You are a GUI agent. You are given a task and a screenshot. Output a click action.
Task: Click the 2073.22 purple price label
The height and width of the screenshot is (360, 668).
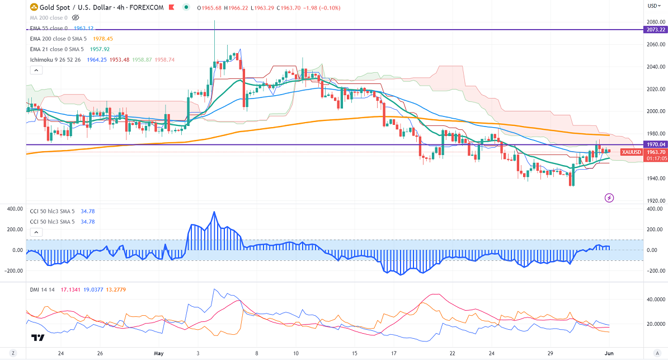655,29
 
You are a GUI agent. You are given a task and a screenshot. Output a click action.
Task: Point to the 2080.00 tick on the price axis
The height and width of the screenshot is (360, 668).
655,22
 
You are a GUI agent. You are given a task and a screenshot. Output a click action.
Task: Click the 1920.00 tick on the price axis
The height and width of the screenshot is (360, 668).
655,200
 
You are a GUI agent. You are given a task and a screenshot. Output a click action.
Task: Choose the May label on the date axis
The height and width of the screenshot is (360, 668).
158,353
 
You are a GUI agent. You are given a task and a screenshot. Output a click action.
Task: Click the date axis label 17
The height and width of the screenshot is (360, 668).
394,353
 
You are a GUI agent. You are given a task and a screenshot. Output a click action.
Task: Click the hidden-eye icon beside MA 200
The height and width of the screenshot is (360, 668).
76,18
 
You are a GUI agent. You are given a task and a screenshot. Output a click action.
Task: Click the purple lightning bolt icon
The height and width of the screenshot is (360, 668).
609,198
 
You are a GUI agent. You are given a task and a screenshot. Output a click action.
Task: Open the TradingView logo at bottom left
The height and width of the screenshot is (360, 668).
38,338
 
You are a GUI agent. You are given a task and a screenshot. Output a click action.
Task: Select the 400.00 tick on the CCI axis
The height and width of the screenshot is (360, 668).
655,209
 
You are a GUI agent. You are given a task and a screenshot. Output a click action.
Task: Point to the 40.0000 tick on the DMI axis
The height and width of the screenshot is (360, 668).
655,300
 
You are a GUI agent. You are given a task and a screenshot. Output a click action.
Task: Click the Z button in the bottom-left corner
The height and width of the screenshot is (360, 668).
12,353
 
